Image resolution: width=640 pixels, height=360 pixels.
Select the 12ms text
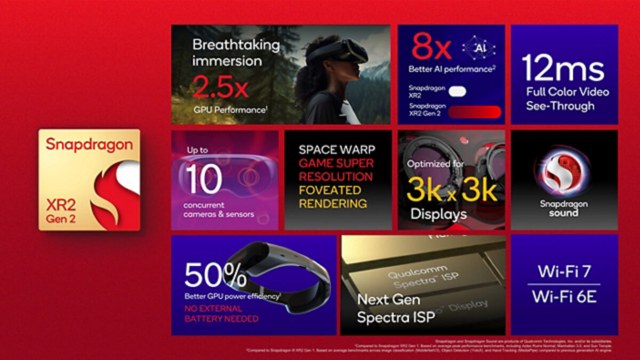click(x=563, y=68)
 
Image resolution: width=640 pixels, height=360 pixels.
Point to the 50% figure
click(x=215, y=275)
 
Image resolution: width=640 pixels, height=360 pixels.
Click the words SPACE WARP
click(x=337, y=149)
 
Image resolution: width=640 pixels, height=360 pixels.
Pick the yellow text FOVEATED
click(x=330, y=190)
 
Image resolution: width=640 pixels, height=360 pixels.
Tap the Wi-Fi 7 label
click(x=564, y=271)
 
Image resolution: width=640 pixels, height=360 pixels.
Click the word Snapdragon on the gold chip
click(x=89, y=144)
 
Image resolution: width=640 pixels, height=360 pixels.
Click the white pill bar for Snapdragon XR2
click(x=457, y=92)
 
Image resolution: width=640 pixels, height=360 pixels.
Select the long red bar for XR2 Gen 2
click(x=474, y=112)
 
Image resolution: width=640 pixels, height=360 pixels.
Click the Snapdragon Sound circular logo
click(x=563, y=173)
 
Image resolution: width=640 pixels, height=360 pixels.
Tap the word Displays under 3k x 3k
click(x=438, y=214)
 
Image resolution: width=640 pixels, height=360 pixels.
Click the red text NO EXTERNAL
click(x=213, y=308)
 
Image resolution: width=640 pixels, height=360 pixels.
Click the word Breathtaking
click(x=236, y=45)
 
